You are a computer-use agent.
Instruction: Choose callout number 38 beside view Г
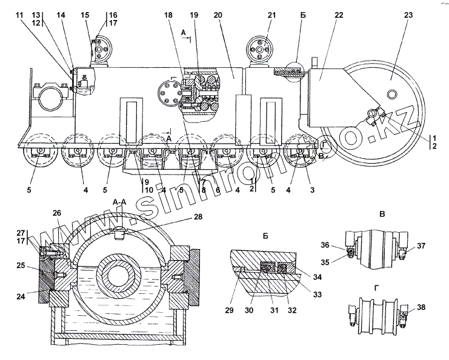pyautogui.click(x=421, y=307)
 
